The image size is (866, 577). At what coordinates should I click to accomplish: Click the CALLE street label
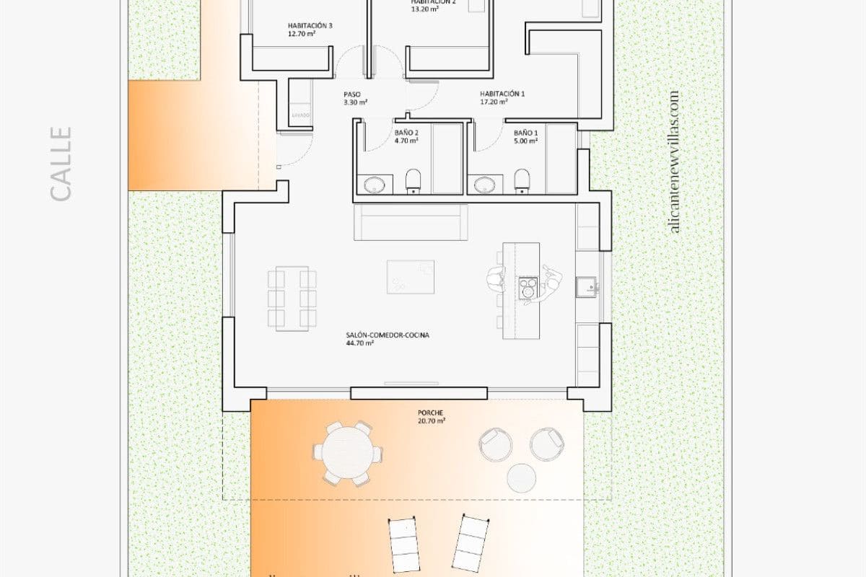[x=61, y=164]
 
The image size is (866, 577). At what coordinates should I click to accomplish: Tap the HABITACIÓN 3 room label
[x=310, y=26]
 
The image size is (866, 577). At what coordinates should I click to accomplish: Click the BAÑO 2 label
[x=406, y=133]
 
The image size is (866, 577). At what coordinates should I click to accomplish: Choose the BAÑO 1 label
[x=525, y=133]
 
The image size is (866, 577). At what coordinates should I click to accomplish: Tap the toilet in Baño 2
[x=413, y=180]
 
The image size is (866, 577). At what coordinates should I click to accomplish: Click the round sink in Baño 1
[x=484, y=185]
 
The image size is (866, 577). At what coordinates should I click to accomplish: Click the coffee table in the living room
[x=411, y=277]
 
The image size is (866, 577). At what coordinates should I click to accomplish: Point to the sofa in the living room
[x=411, y=223]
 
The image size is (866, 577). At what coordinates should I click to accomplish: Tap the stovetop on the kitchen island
[x=528, y=286]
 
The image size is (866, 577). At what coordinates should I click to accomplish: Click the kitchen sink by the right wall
[x=587, y=287]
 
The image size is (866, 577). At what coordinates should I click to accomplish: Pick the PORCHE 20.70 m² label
[x=431, y=417]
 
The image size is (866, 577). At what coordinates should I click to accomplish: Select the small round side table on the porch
[x=521, y=477]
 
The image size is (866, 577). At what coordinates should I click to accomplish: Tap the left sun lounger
[x=405, y=545]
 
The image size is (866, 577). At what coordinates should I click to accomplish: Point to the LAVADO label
[x=301, y=115]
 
